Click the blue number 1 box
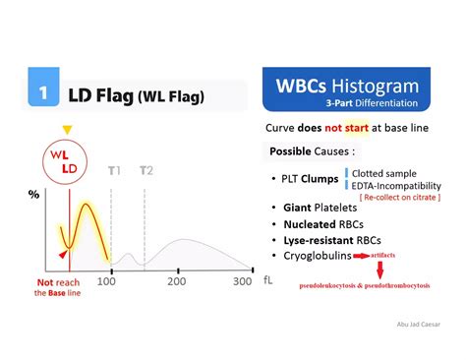pos(43,94)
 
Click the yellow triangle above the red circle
pos(67,129)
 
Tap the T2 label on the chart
pos(146,171)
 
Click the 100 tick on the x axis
pos(105,282)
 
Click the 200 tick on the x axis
pos(176,282)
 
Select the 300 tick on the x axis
pos(243,282)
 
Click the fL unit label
pos(268,281)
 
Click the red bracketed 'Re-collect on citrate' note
pos(398,198)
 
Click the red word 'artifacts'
pos(382,255)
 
